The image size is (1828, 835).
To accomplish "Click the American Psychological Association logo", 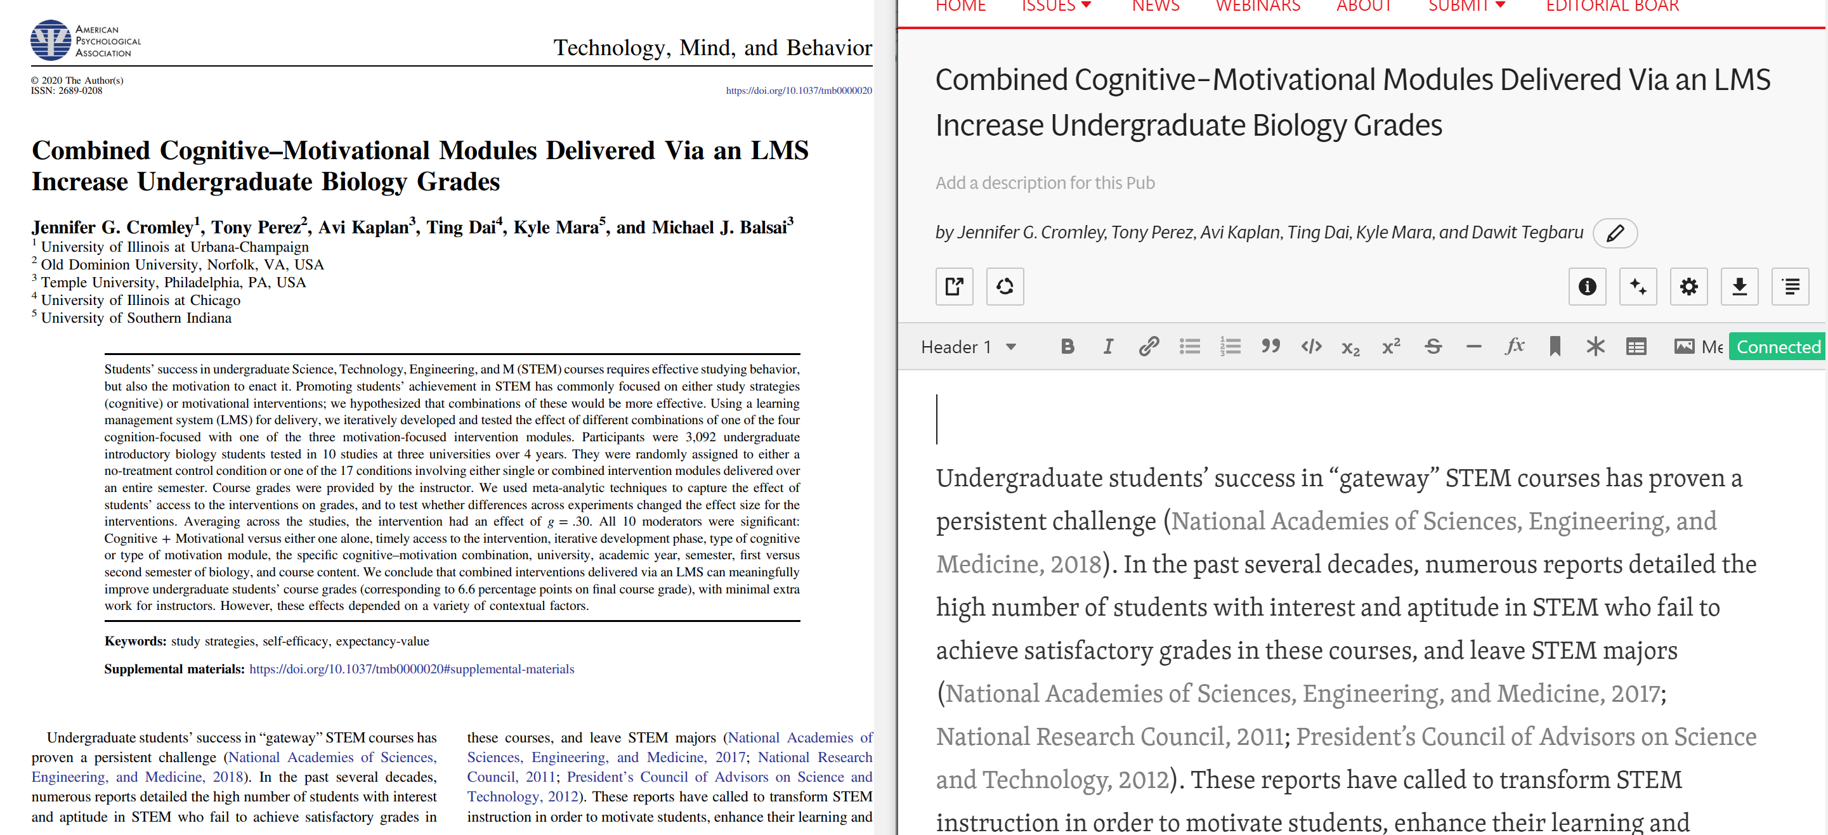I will [x=85, y=41].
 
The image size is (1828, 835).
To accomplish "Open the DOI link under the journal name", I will [x=799, y=91].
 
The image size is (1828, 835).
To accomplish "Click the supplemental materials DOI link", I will [x=412, y=669].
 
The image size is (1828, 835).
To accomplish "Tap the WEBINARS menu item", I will [x=1257, y=7].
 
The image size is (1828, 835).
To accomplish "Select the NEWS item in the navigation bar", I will [x=1155, y=7].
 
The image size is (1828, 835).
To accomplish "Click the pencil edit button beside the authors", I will [x=1615, y=233].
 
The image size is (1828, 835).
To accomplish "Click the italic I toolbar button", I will [x=1107, y=346].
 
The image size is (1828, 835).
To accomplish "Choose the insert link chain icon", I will [x=1148, y=346].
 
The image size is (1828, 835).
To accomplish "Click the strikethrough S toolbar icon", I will [x=1433, y=346].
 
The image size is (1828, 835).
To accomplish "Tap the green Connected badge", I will [x=1778, y=347].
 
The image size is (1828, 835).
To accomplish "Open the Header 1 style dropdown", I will [x=968, y=347].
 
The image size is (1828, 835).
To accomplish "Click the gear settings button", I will [x=1688, y=287].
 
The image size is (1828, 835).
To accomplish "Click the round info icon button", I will [x=1587, y=287].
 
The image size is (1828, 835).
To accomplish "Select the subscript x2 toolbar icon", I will [x=1350, y=347].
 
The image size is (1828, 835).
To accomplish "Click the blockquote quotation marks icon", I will [x=1270, y=346].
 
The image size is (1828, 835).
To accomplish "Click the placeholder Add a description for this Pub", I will [x=1045, y=183].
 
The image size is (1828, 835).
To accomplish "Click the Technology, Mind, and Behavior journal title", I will [x=712, y=48].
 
